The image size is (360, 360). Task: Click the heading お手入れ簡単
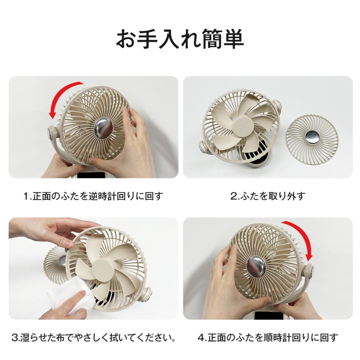pos(180,39)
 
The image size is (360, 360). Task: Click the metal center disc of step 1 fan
pos(104,128)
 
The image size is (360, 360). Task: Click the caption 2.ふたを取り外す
pos(268,196)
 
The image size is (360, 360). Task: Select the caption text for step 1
pos(94,196)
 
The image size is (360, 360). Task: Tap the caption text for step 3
pos(94,338)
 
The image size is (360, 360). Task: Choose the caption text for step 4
pos(268,338)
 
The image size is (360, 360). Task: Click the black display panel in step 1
pos(91,175)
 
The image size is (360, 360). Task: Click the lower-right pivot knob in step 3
pos(146,294)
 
